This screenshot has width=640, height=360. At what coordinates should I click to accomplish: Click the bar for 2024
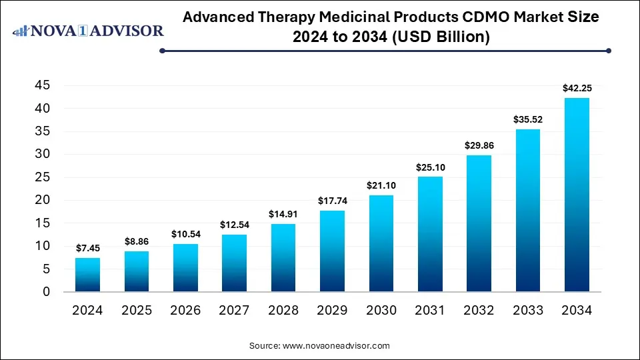(87, 275)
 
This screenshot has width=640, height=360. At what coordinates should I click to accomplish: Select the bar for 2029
(332, 251)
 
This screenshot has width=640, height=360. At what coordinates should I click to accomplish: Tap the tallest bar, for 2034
(577, 195)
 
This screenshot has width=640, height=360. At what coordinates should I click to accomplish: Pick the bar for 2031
(430, 234)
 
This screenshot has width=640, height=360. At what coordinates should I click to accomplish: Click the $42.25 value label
(577, 87)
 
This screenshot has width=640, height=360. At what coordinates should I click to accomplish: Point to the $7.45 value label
(87, 248)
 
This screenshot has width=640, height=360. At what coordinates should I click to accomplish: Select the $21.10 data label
(381, 185)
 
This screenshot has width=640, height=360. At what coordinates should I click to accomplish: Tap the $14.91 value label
(283, 213)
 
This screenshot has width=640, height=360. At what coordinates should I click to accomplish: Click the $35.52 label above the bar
(527, 119)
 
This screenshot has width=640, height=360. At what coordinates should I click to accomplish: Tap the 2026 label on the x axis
(185, 311)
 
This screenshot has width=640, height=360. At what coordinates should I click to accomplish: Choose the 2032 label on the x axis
(479, 311)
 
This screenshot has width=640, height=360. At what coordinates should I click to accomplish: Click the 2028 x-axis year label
(283, 311)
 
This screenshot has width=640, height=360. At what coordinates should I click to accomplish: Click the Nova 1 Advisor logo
(88, 31)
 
